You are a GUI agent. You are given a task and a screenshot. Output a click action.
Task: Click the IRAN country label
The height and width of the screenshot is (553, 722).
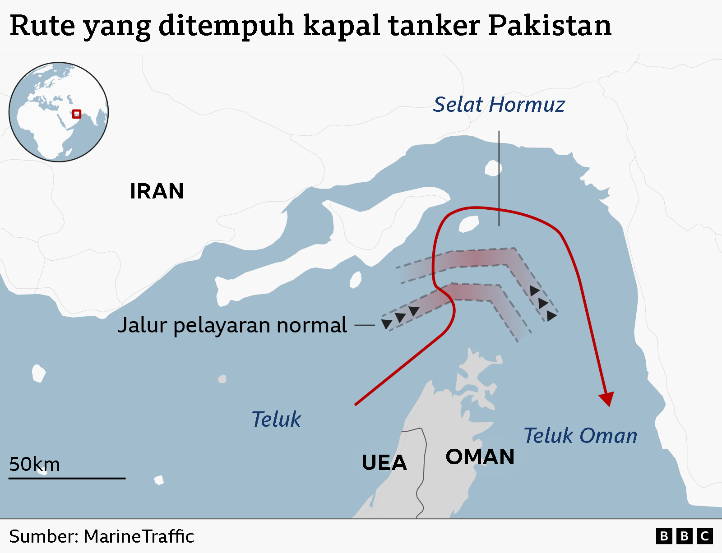(x=157, y=191)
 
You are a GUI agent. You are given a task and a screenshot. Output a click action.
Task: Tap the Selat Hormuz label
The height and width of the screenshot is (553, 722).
(x=499, y=105)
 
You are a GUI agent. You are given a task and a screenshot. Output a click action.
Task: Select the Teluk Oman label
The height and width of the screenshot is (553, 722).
(x=580, y=436)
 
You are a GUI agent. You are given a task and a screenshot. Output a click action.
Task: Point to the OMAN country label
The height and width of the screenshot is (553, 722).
(x=480, y=457)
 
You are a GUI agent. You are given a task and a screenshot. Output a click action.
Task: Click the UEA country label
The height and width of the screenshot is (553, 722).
(x=384, y=463)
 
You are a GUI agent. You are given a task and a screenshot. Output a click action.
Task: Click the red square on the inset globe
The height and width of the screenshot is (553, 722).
(x=77, y=114)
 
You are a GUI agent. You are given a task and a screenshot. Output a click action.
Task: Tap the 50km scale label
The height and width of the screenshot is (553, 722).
(x=34, y=464)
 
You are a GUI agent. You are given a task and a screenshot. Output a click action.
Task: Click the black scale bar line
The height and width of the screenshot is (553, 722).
(x=67, y=478)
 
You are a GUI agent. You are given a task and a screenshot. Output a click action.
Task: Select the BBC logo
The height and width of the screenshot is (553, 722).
(x=684, y=536)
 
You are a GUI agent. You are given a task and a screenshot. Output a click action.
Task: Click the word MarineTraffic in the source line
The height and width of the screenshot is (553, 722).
(x=139, y=537)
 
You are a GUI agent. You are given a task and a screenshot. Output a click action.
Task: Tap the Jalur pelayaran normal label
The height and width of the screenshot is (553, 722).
(x=232, y=325)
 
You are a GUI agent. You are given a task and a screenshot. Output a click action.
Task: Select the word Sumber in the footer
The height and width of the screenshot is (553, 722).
(x=43, y=537)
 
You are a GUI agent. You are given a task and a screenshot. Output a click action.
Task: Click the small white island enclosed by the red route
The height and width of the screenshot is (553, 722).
(x=468, y=224)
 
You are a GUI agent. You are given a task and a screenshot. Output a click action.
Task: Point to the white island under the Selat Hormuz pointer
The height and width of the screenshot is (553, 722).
(x=493, y=169)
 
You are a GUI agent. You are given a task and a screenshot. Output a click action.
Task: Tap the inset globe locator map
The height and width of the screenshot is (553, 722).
(x=59, y=112)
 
